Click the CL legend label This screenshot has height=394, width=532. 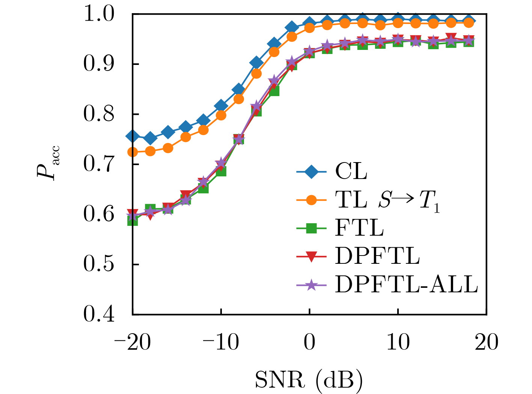(x=351, y=171)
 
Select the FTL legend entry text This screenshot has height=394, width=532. (x=359, y=228)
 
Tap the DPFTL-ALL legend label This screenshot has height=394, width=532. (x=406, y=284)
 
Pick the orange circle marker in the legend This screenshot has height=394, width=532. (x=311, y=200)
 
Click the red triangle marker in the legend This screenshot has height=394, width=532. (x=311, y=257)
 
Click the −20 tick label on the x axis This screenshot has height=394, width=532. (x=132, y=342)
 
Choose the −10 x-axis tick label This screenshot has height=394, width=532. (x=221, y=342)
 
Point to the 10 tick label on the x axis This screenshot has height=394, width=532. (x=398, y=342)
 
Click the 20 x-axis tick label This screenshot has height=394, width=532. (x=487, y=342)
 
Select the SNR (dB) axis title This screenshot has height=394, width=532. (x=309, y=380)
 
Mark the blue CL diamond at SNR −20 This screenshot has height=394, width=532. (x=133, y=136)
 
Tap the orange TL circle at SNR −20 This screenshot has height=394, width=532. (x=133, y=152)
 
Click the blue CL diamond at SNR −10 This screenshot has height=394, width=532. (x=221, y=106)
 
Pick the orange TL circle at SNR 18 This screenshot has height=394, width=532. (x=469, y=23)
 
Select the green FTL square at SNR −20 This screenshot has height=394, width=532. (x=133, y=221)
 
